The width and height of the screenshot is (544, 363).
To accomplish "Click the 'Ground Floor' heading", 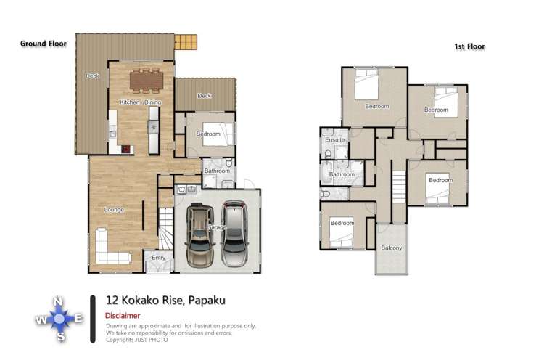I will point(44,44).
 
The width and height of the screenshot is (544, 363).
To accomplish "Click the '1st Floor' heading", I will point(469,46).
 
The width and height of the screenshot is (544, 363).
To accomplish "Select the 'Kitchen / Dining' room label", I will point(141,103).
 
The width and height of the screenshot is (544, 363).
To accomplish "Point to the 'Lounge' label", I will point(114,210).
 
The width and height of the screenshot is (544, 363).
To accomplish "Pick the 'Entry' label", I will point(158,257).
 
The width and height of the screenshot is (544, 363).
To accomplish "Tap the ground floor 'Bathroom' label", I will point(216,171).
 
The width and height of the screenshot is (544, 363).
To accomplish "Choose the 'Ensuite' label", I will point(334,139).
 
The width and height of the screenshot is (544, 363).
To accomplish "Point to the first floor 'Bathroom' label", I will point(342,174).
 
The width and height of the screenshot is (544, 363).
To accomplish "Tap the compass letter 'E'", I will point(79,318).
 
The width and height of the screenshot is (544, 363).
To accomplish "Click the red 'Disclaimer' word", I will point(123,316).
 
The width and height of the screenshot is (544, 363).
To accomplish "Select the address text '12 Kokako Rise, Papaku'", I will point(160,299).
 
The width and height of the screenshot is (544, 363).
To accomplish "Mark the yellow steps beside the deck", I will point(187,40).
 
